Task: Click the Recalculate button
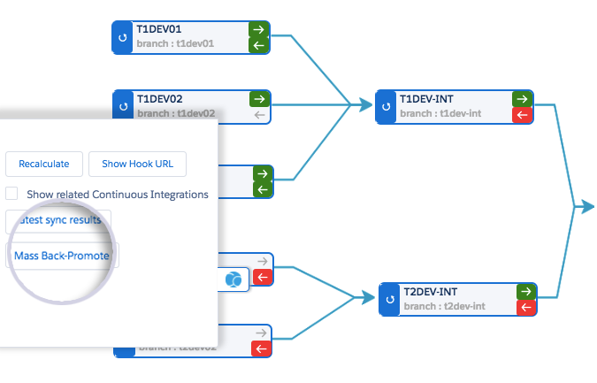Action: [x=43, y=164]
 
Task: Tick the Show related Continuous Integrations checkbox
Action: [x=11, y=194]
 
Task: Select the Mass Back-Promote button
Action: [x=62, y=256]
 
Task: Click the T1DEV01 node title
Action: [x=158, y=30]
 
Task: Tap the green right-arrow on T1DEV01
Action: [x=260, y=29]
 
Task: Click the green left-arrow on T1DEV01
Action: [x=260, y=44]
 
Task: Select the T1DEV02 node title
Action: [x=158, y=98]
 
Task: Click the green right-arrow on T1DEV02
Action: [x=260, y=98]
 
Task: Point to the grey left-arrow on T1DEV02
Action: [x=260, y=114]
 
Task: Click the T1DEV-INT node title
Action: [x=426, y=98]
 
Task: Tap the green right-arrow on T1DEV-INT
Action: [x=522, y=98]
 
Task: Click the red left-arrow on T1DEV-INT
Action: [x=522, y=114]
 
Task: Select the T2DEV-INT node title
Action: [x=430, y=292]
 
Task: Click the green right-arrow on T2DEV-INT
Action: [x=525, y=291]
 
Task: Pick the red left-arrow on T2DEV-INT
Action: [x=525, y=307]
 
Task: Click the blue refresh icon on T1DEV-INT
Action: [x=385, y=106]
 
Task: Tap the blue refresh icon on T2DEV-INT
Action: [x=388, y=300]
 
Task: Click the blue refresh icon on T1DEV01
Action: [x=122, y=37]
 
